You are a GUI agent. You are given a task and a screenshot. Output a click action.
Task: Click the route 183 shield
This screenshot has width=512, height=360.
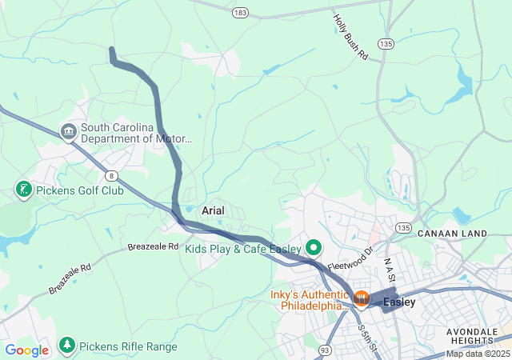240,13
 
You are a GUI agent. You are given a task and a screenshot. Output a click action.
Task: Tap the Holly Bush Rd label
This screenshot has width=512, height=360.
350,37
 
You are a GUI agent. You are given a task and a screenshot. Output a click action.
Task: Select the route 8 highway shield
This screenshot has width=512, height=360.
110,176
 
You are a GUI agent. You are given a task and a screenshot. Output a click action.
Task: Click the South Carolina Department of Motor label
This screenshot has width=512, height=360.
136,132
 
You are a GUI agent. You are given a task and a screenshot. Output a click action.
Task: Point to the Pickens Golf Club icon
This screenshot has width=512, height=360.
24,190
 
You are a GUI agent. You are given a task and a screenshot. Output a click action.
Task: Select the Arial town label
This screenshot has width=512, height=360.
213,210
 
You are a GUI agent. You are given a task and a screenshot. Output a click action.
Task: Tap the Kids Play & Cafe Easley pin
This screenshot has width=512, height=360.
313,247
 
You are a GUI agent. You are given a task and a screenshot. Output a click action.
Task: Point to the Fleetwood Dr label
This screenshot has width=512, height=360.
350,258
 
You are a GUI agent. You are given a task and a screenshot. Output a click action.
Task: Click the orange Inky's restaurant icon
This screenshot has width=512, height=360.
361,299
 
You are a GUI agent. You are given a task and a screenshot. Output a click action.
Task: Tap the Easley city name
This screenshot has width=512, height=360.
399,302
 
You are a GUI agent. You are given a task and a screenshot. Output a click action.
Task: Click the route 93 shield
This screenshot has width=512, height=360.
325,350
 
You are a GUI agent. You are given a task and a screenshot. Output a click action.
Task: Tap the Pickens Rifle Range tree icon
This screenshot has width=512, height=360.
67,345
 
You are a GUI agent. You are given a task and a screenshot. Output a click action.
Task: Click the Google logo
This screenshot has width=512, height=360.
26,350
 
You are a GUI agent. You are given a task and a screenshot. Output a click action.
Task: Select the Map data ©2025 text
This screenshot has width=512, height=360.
477,354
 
